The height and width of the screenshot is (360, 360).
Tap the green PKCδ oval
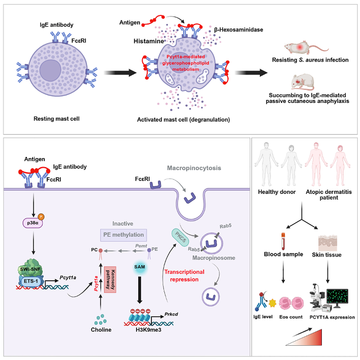pyautogui.click(x=181, y=235)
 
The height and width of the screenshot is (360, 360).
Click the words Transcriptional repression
pyautogui.click(x=191, y=275)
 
